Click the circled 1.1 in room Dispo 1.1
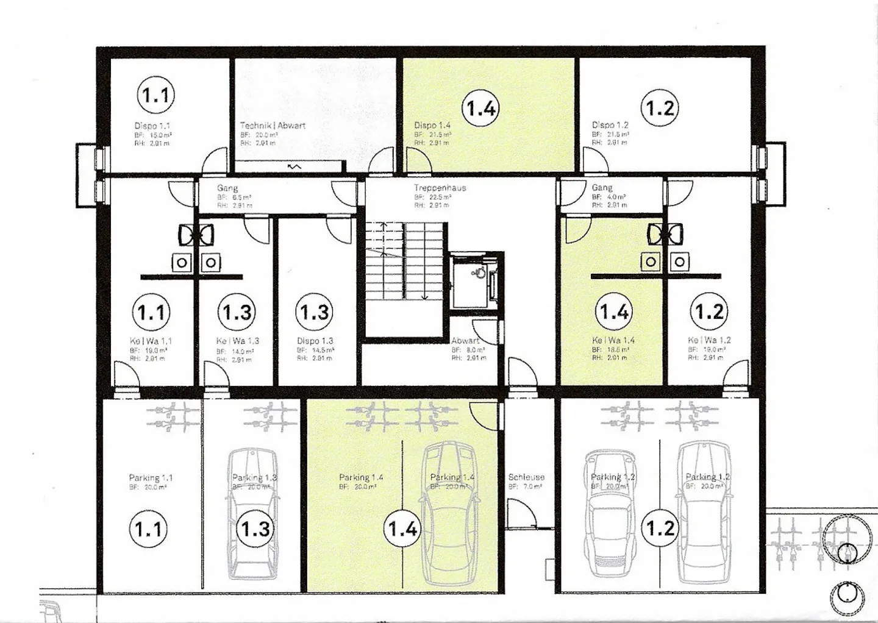(155, 96)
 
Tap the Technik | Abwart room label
(273, 126)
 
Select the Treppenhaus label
(440, 188)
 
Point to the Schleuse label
(526, 477)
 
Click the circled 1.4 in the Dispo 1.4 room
(480, 109)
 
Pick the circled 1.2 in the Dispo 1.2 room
(660, 108)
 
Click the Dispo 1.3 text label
(315, 341)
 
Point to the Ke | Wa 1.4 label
(613, 340)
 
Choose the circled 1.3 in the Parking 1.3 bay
(255, 529)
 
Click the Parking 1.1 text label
(151, 478)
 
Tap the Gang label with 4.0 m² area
(602, 188)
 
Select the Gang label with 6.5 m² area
(227, 188)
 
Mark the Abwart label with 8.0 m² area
(465, 341)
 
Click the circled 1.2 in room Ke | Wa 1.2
(709, 312)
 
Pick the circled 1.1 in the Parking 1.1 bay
(149, 529)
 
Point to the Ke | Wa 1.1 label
(151, 341)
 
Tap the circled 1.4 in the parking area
(402, 529)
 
